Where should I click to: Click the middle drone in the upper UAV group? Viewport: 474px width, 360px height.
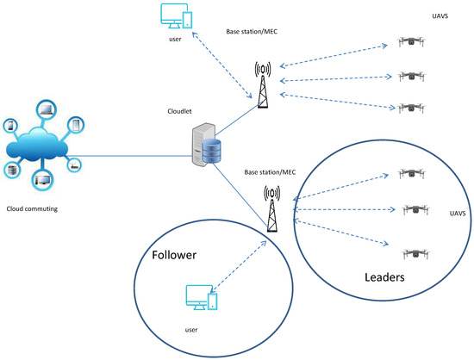point(412,77)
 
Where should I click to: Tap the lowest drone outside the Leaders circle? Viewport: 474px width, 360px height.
point(412,109)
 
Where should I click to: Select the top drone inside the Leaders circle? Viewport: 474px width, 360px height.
point(412,173)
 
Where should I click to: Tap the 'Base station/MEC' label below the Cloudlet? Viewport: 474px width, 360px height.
point(269,171)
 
